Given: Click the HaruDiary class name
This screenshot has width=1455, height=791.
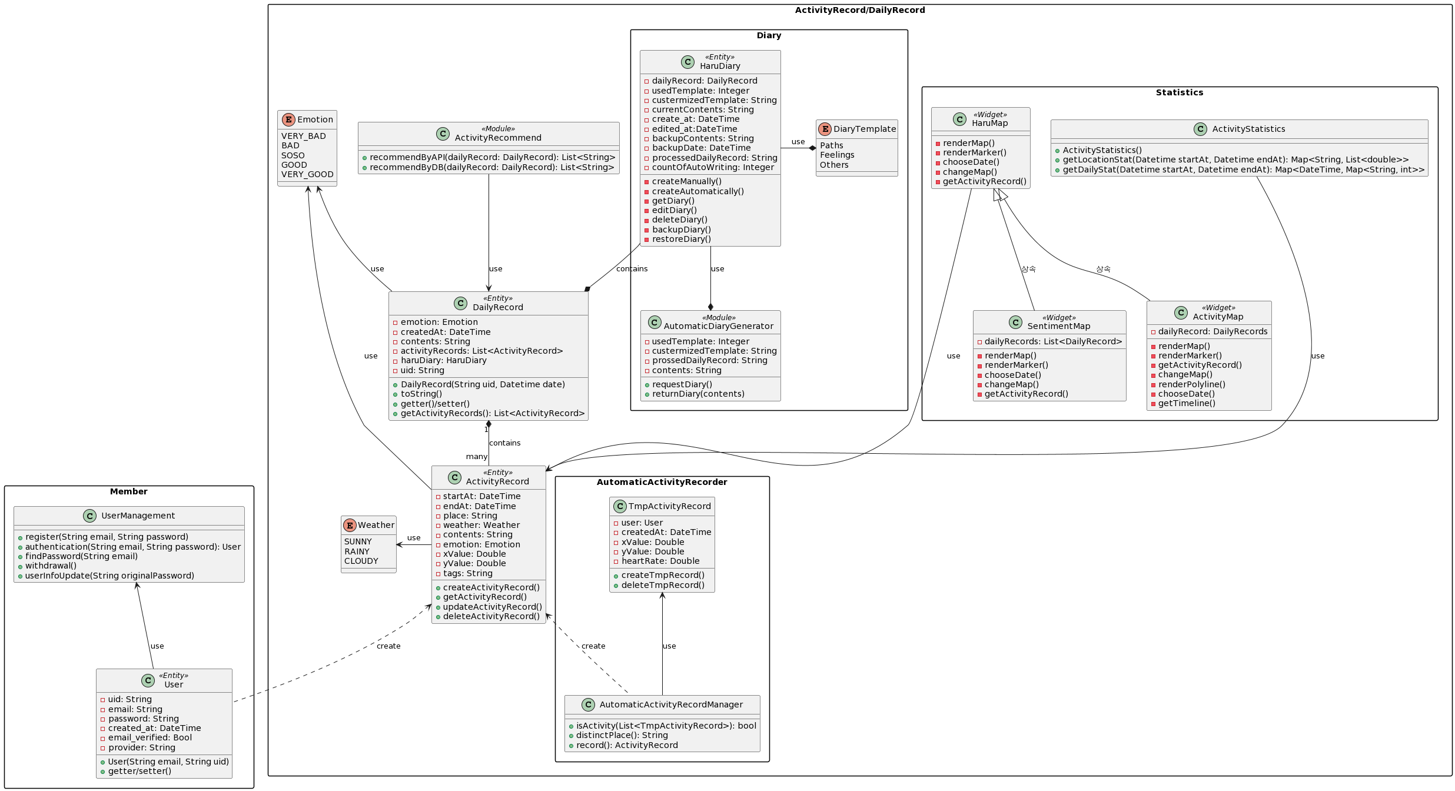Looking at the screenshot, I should [x=720, y=66].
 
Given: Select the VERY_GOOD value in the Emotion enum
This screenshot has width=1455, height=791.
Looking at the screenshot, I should [x=307, y=174].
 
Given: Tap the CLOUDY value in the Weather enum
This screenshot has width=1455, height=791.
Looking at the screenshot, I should [x=361, y=561].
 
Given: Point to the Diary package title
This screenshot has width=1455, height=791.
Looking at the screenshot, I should [x=769, y=35].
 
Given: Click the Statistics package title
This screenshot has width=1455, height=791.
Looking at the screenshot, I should [x=1179, y=92].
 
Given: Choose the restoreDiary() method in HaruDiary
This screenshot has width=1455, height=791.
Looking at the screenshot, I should [x=681, y=239].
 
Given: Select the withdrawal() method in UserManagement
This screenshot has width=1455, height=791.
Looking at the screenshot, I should [x=51, y=566].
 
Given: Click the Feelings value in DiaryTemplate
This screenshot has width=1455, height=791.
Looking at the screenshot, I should [x=837, y=155].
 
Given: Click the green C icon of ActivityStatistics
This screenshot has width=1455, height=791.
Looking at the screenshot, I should [x=1200, y=129].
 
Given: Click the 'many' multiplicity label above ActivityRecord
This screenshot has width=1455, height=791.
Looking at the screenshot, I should [x=476, y=456].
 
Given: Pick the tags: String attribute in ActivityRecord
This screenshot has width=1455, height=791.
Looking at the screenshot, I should [x=467, y=573].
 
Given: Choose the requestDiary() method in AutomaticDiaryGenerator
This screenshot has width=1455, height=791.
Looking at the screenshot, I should [x=682, y=384].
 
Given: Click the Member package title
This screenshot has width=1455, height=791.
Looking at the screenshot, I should [x=128, y=491].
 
